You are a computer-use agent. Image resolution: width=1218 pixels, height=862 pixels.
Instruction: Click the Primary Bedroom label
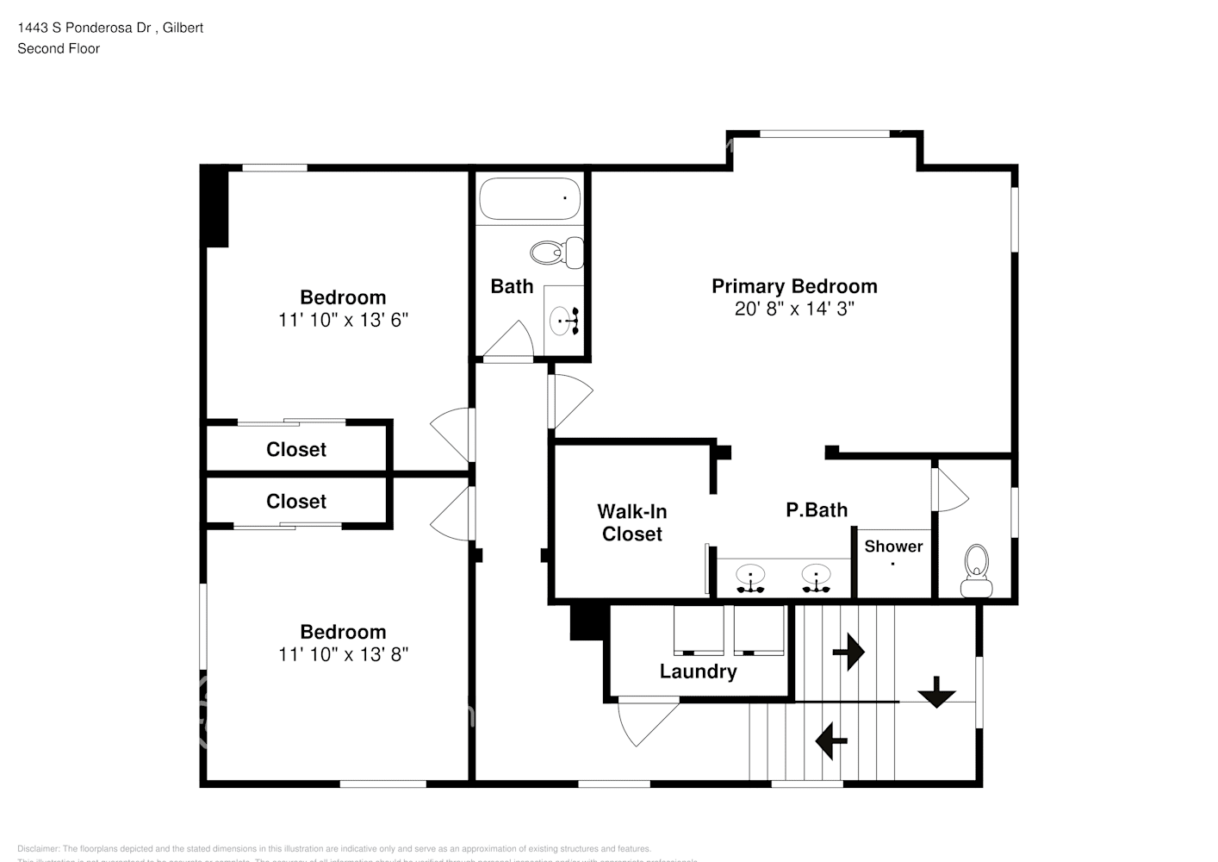(x=793, y=286)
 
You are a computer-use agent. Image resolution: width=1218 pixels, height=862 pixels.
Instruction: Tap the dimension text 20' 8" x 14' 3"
(x=793, y=309)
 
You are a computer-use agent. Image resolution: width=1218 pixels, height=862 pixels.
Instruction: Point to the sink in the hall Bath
(x=564, y=320)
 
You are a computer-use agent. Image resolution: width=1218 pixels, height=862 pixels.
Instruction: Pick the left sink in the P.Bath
(x=750, y=578)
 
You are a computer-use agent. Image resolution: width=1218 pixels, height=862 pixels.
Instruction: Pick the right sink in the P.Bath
(x=815, y=578)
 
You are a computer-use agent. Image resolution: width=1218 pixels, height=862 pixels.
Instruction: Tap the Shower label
(x=893, y=547)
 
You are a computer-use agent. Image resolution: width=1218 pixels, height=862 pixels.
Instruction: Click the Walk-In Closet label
(x=632, y=522)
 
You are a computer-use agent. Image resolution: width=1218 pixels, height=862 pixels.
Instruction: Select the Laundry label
(x=698, y=671)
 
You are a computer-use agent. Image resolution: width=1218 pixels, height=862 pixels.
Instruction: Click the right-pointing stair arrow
(x=848, y=652)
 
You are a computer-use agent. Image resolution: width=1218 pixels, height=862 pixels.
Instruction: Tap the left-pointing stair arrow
(x=830, y=740)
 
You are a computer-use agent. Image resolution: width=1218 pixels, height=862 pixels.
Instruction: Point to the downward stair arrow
(x=935, y=691)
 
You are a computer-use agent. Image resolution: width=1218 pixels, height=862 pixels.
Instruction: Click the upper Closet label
(x=296, y=449)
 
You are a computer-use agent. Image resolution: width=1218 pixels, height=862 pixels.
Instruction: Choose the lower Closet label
(x=296, y=501)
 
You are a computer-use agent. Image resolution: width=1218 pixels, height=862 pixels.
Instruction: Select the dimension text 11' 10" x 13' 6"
(x=343, y=320)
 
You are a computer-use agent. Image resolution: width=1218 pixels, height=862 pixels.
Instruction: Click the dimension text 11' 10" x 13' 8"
(x=343, y=654)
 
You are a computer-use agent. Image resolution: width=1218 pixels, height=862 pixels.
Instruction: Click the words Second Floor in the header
(x=59, y=48)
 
